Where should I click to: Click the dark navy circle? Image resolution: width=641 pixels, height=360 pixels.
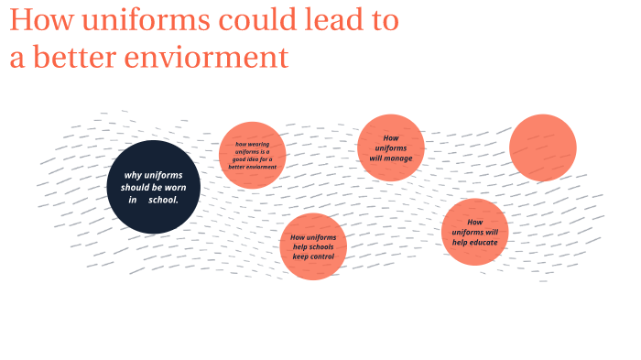click(153, 186)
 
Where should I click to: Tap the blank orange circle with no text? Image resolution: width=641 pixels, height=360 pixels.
click(542, 147)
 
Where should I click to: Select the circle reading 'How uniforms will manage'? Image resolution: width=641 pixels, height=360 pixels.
click(391, 147)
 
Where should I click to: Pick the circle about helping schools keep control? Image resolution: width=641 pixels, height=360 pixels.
click(313, 246)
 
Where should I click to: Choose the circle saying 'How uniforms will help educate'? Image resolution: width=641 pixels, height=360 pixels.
click(474, 232)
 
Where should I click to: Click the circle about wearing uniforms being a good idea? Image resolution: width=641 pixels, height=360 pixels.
click(252, 155)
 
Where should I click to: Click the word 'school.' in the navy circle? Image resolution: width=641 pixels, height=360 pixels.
click(162, 199)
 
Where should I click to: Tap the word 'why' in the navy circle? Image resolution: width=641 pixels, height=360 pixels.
click(134, 175)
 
